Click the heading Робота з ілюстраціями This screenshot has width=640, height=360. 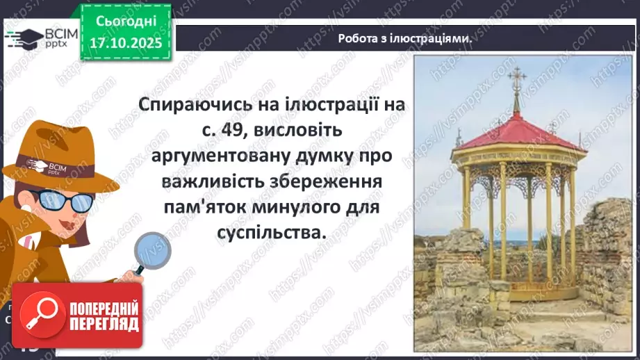click(404, 39)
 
